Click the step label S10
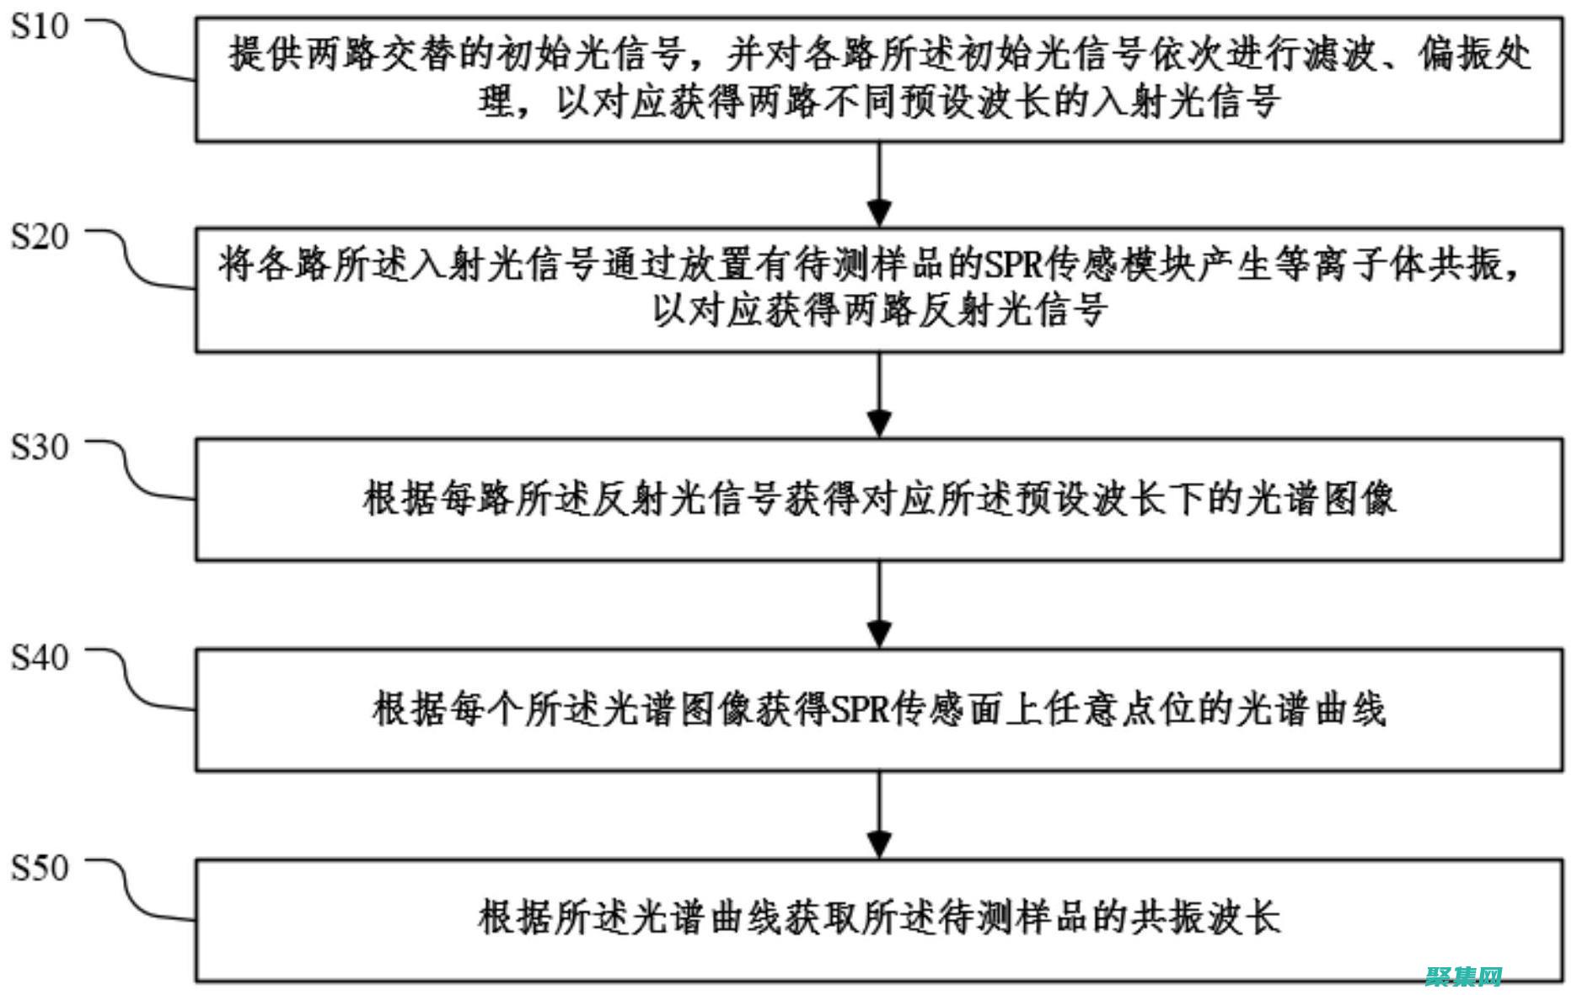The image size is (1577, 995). (39, 27)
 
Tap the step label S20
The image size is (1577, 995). (39, 237)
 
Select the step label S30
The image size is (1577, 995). (39, 447)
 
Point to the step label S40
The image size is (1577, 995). (39, 657)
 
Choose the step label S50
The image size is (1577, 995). (39, 867)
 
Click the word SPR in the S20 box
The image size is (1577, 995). (1015, 265)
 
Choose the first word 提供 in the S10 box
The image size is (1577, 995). (265, 56)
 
